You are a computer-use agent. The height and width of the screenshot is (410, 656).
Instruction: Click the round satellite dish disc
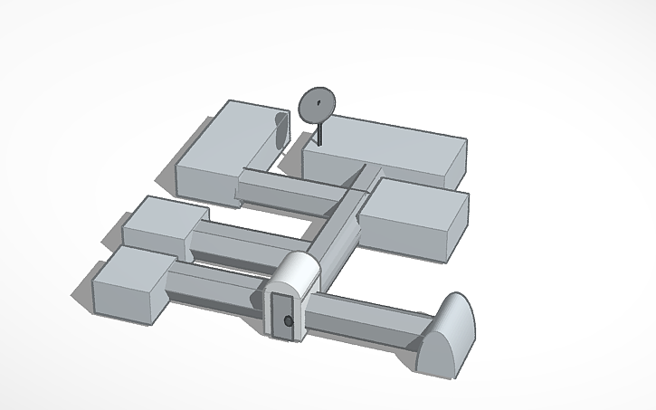[316, 105]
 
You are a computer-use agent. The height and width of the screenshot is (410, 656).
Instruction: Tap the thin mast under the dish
[318, 133]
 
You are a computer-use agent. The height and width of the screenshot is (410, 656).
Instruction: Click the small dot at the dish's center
[318, 104]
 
